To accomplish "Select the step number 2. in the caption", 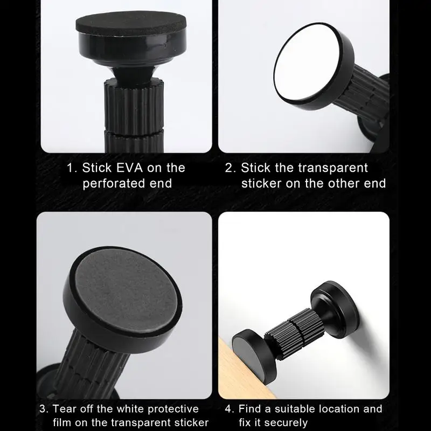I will [230, 168].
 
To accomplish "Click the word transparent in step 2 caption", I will [304, 168].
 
